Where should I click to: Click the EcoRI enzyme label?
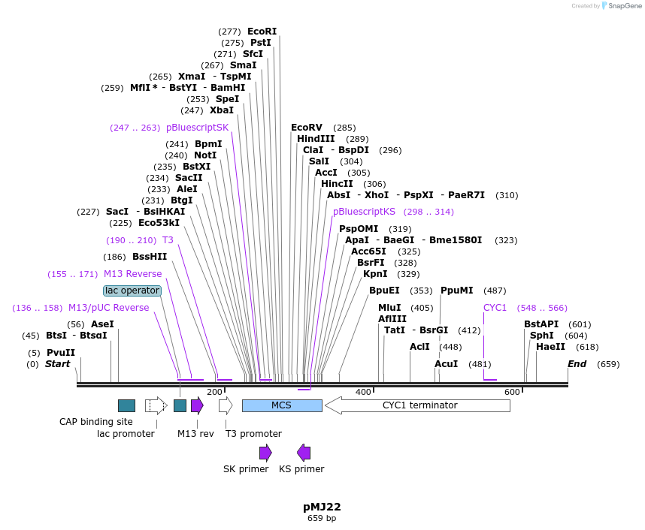tap(262, 32)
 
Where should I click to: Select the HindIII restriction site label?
tap(316, 139)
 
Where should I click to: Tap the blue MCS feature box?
tap(282, 405)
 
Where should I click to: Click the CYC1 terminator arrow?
tap(417, 405)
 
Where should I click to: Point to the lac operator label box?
tap(132, 291)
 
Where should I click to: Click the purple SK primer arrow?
tap(265, 452)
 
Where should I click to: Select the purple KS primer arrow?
tap(304, 452)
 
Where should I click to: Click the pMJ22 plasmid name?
tap(322, 507)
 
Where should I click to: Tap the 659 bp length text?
tap(322, 519)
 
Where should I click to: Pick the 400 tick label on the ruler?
tap(364, 392)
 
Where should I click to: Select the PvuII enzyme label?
tap(61, 353)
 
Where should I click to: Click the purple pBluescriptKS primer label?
tap(364, 212)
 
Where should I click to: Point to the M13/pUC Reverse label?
tap(108, 308)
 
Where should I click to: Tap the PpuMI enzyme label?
tap(456, 291)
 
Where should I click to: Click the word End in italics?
tap(577, 364)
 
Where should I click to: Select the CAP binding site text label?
tap(96, 422)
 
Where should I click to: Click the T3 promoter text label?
tap(253, 434)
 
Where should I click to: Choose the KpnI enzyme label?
tap(375, 274)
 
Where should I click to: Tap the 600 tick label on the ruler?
tap(513, 392)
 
